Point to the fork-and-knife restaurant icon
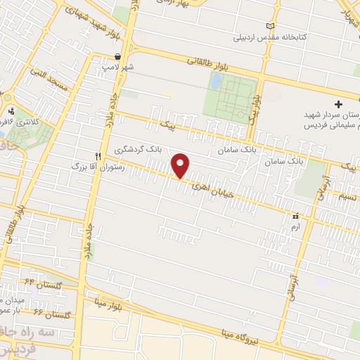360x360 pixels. [x=98, y=156]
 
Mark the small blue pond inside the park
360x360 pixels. [x=215, y=82]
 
